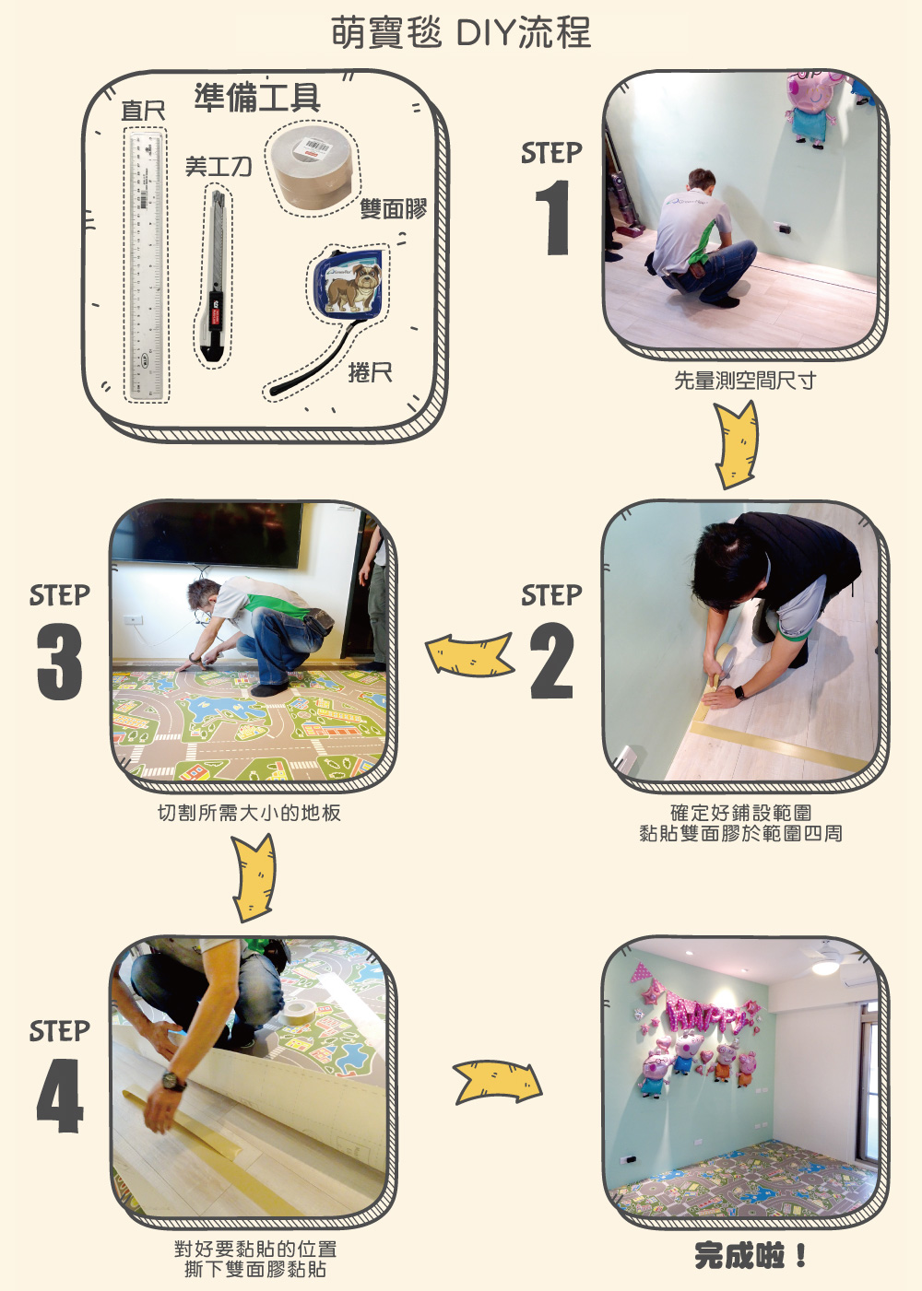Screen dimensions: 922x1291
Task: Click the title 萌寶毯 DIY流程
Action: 461,32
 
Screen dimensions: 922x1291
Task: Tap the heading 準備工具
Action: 257,97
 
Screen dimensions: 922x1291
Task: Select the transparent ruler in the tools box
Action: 147,264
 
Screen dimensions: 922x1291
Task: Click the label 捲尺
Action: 371,373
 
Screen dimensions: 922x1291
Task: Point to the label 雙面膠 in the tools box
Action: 394,208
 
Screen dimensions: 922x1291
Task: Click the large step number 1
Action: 553,217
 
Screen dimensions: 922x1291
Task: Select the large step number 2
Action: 551,661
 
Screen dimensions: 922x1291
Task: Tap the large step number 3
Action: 59,661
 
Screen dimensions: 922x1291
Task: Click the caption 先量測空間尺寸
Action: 745,381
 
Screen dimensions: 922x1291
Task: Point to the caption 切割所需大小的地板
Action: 249,813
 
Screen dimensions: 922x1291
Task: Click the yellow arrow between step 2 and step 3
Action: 470,654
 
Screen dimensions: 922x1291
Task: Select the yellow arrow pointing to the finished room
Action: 498,1083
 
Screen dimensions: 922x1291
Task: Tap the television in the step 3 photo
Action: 207,534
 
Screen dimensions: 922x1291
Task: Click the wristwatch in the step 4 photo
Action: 173,1078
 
